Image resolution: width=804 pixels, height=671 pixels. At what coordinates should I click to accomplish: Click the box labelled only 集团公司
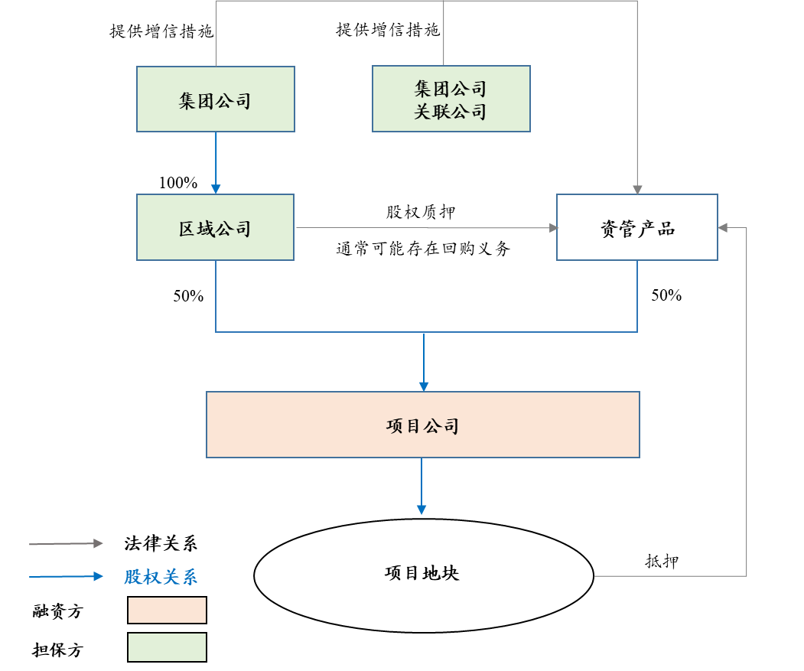(x=215, y=99)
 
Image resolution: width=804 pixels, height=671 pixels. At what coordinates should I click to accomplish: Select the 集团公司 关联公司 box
(x=451, y=99)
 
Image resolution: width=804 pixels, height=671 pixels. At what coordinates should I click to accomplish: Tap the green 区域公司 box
(x=215, y=227)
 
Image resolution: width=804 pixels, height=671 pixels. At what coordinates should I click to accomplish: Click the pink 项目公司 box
(x=422, y=425)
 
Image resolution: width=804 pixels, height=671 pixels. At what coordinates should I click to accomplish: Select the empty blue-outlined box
(x=636, y=227)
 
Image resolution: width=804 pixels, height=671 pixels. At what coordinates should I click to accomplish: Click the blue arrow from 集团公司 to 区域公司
(x=216, y=162)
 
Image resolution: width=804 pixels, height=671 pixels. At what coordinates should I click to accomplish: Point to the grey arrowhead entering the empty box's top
(x=637, y=189)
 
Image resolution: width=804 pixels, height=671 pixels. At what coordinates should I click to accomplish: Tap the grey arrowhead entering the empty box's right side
(x=723, y=227)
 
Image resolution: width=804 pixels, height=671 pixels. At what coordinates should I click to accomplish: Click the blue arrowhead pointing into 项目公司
(x=424, y=386)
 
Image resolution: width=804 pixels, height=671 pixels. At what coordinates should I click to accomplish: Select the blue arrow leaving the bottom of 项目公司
(x=422, y=486)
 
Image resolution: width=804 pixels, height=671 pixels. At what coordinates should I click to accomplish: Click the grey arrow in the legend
(x=66, y=543)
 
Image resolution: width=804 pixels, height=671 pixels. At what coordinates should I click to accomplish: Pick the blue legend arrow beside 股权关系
(x=66, y=576)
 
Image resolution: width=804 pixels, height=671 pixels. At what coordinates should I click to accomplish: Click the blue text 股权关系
(x=161, y=577)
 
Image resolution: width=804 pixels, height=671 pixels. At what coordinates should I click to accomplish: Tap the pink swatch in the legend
(x=167, y=610)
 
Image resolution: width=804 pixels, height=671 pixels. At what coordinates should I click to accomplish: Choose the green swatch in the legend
(x=167, y=647)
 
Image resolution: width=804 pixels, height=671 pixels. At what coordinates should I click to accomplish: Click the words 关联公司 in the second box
(x=451, y=112)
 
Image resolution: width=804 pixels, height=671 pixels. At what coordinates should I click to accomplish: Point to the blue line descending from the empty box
(x=637, y=296)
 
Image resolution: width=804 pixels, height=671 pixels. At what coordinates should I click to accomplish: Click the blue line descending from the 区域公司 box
(x=216, y=296)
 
